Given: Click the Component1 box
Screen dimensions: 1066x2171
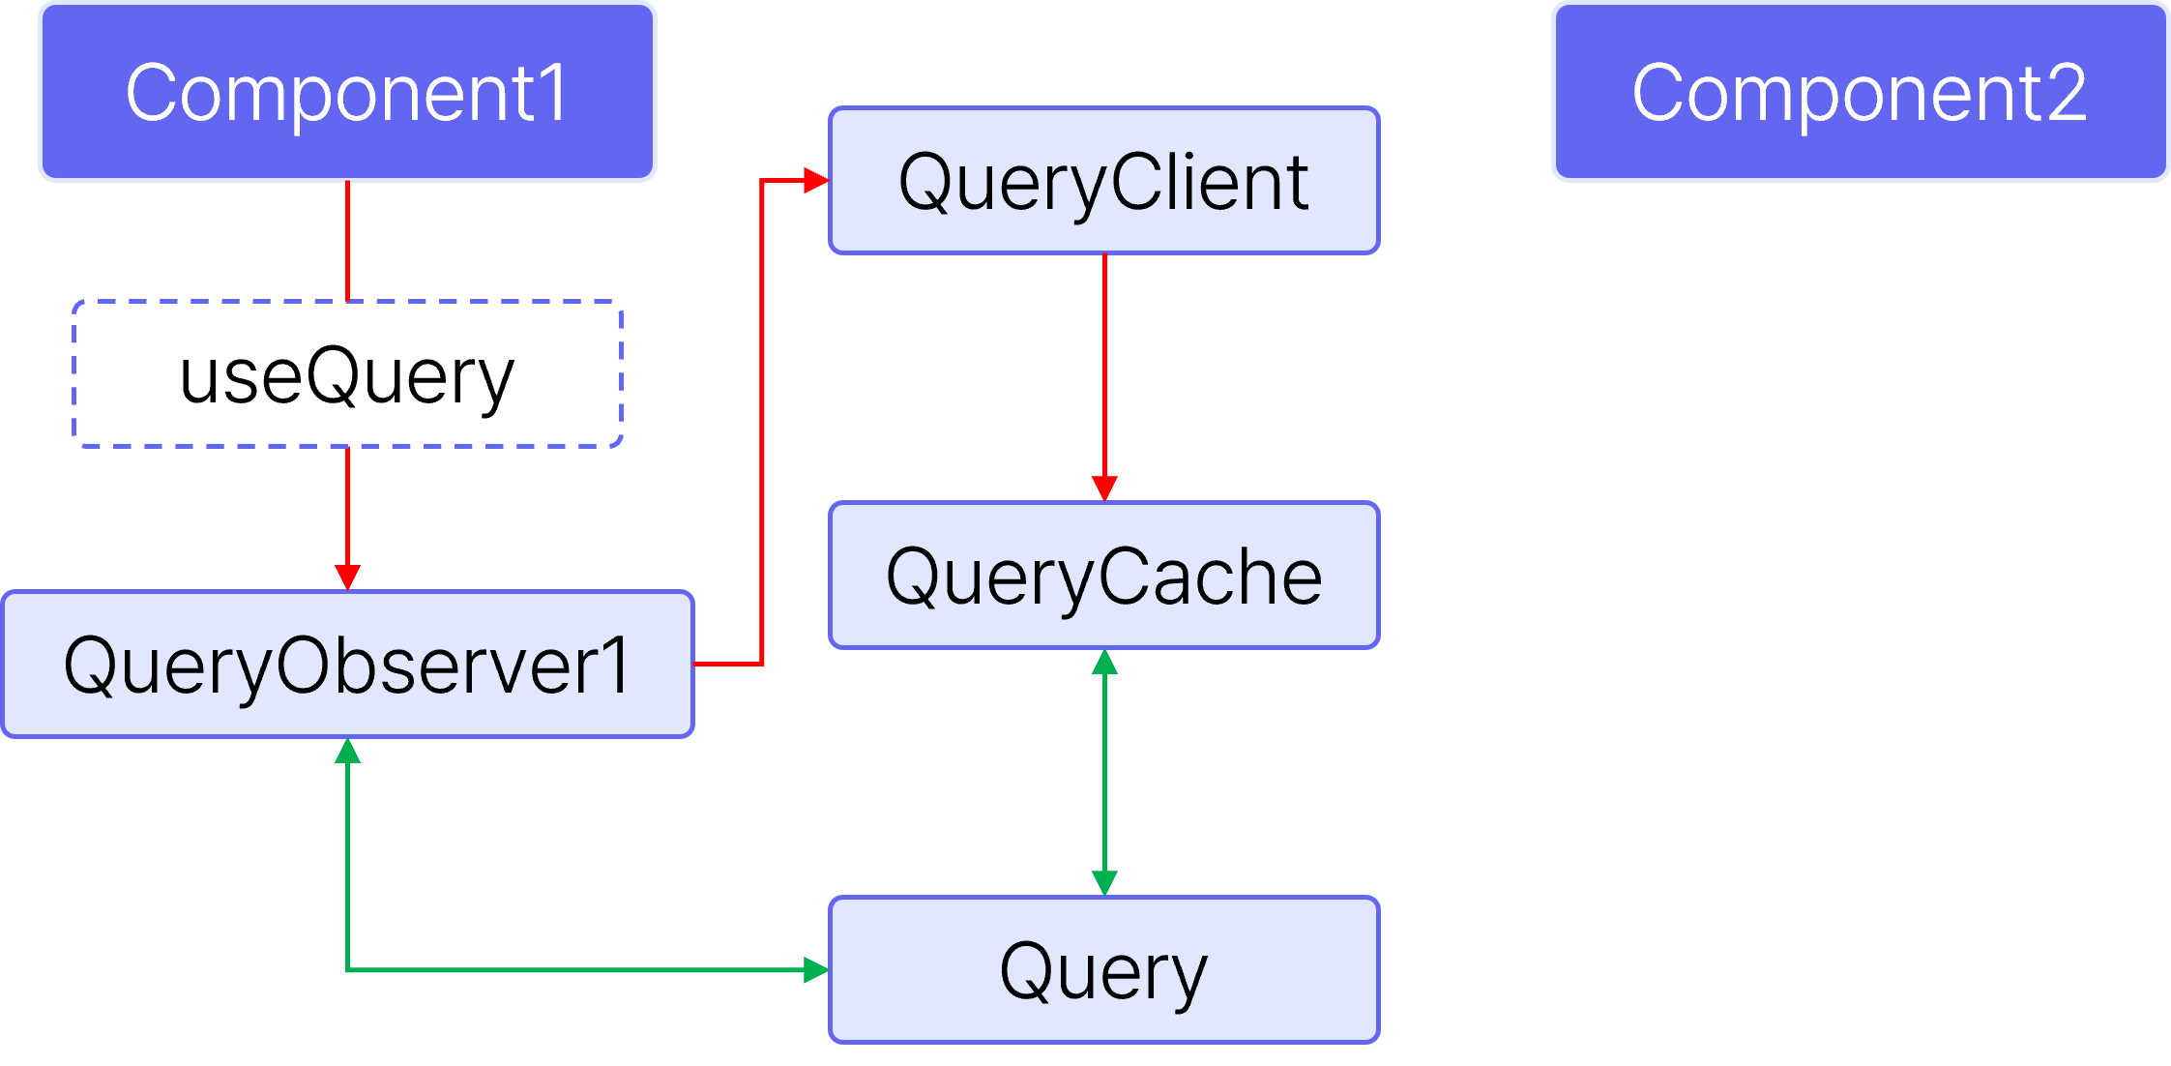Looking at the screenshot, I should pos(347,92).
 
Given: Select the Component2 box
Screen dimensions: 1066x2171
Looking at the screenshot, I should pos(1860,92).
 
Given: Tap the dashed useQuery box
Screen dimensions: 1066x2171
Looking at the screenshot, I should pos(347,374).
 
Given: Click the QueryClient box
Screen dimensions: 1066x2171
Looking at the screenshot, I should pos(1103,181).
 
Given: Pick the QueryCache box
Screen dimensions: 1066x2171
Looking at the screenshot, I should pos(1103,576).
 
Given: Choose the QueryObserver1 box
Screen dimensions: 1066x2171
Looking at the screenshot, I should pos(347,665).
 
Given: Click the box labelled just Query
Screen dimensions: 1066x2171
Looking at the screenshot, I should pos(1103,970).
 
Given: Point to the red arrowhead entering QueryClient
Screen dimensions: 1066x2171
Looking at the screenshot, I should pos(817,180).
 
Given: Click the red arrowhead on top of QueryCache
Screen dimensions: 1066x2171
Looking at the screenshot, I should pos(1104,489).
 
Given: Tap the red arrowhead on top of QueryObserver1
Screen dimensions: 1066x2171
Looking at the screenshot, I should pos(347,577).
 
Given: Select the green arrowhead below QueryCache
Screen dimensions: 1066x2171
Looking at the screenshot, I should pos(1104,663).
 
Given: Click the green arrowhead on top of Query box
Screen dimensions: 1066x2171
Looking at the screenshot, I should pos(1104,882).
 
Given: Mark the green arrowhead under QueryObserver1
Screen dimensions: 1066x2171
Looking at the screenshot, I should pos(347,752).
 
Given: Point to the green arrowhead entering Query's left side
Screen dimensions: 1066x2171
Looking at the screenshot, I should pos(816,969).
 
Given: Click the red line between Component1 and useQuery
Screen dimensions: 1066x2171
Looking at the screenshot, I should pos(347,241).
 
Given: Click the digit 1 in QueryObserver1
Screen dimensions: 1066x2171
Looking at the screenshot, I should pos(615,666).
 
